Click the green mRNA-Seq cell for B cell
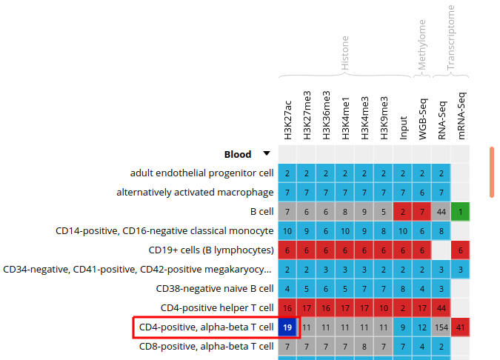tap(460, 212)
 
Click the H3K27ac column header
tap(287, 119)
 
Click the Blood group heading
tap(238, 154)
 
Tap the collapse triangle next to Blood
tap(267, 154)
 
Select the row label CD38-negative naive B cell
tap(215, 289)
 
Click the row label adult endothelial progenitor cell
tap(202, 173)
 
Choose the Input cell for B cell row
tap(403, 212)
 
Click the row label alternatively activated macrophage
tap(195, 193)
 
